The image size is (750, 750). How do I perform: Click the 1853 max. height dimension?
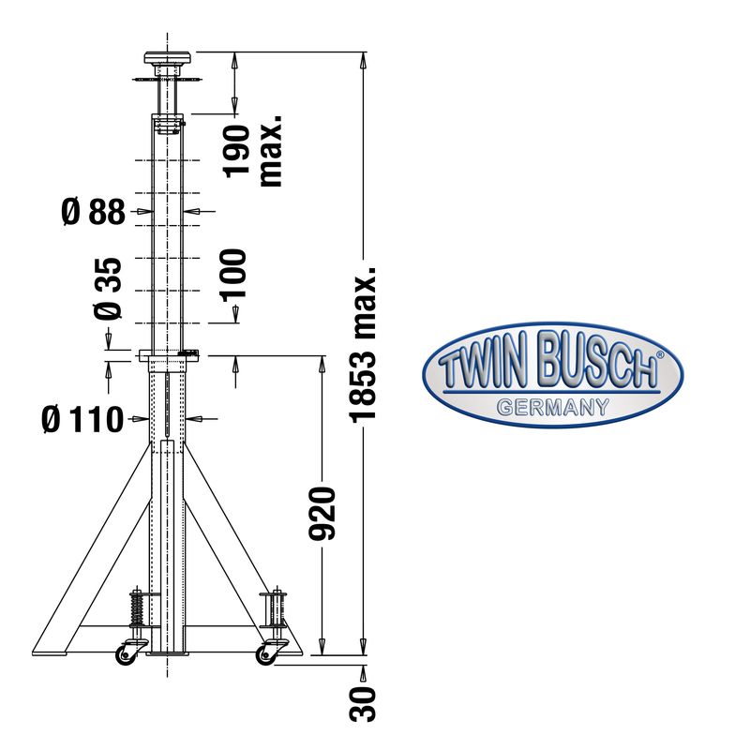(363, 345)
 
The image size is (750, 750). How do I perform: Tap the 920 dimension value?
(322, 514)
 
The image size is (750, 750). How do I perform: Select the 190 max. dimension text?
(253, 150)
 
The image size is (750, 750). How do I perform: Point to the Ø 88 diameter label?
(93, 212)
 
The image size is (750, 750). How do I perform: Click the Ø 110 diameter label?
(82, 419)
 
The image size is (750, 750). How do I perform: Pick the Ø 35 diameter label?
(108, 289)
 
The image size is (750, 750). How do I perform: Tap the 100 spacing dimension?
(233, 275)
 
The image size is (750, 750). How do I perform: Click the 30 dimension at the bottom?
(363, 704)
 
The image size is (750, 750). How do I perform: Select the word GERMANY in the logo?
(552, 408)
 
